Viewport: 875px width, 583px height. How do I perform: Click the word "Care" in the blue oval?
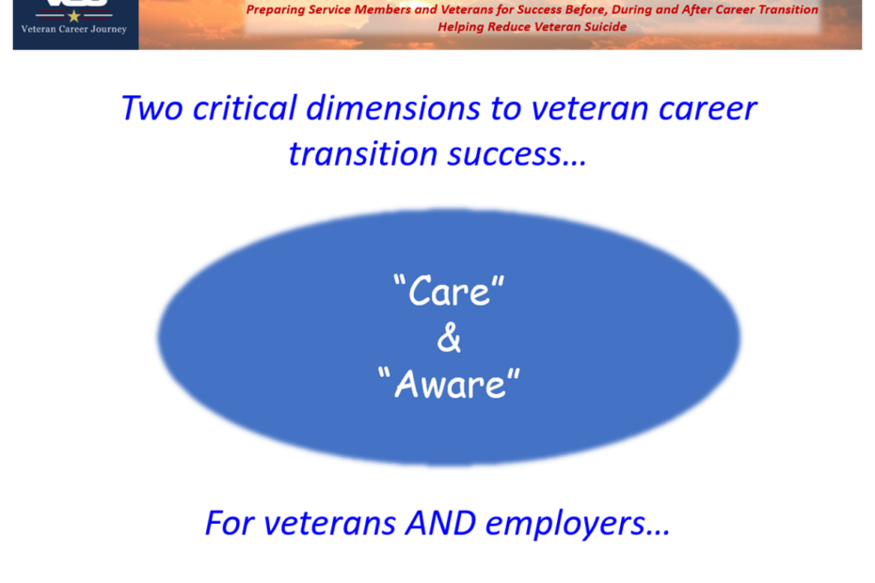click(449, 291)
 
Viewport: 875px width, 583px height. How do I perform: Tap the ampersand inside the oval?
click(449, 339)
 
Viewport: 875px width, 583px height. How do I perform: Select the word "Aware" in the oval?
click(449, 384)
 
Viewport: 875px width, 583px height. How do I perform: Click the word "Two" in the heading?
click(151, 108)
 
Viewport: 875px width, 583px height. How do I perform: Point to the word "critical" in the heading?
click(245, 108)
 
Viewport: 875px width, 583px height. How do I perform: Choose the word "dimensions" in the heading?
click(393, 108)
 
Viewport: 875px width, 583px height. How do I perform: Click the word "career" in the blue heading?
click(708, 109)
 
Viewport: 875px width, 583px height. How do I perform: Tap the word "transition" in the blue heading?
click(363, 154)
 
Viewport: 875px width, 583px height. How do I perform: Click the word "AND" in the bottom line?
click(441, 524)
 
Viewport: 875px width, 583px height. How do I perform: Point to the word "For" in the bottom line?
click(230, 524)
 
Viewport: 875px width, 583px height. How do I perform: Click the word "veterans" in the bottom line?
click(329, 525)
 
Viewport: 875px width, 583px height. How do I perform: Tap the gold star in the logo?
click(73, 16)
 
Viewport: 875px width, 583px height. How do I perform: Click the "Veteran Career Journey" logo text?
click(73, 29)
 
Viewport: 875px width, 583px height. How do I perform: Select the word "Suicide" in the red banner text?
click(606, 26)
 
